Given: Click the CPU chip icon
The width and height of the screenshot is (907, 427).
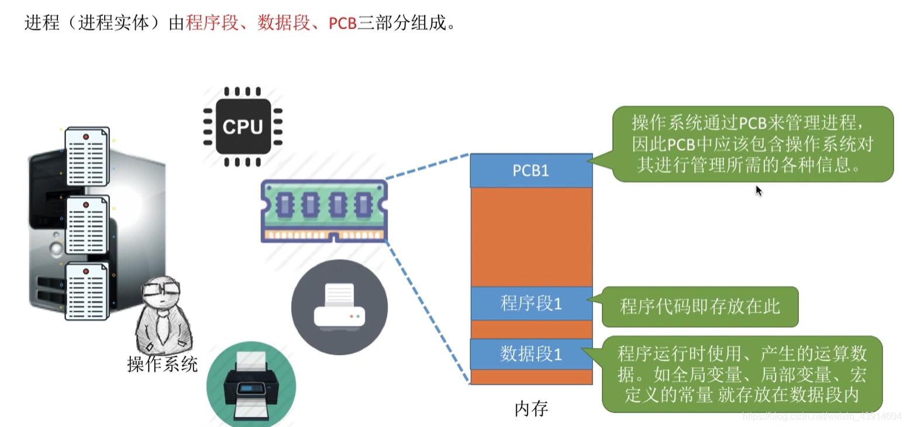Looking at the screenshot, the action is click(x=243, y=126).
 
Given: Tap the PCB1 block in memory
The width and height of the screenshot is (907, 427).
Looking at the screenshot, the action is click(x=531, y=171).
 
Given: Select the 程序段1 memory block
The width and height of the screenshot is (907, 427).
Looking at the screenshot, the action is click(x=531, y=304).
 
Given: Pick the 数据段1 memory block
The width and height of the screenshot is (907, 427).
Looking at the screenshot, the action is click(x=531, y=354).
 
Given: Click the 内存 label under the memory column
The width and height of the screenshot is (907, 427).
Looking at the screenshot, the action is click(x=531, y=409).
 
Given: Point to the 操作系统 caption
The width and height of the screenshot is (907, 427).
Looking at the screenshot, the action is click(x=163, y=364).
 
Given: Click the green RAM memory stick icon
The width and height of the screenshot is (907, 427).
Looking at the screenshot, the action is click(x=324, y=211).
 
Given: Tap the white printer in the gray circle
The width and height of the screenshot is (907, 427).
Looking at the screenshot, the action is click(x=339, y=307).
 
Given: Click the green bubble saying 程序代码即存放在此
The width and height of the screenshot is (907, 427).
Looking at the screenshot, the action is click(x=699, y=307).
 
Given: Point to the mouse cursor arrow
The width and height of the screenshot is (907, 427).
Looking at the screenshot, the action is click(x=758, y=191).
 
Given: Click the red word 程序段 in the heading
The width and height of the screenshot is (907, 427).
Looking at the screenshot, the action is click(x=212, y=23).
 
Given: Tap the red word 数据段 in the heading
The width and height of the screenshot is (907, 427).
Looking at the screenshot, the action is click(x=284, y=23).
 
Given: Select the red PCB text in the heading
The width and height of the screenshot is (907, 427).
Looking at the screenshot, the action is click(x=343, y=23).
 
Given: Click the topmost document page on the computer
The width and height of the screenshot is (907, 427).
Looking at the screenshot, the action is click(x=87, y=156).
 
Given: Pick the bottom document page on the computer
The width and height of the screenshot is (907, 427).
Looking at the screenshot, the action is click(x=87, y=291).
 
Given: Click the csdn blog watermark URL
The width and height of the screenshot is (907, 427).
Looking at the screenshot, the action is click(x=822, y=416).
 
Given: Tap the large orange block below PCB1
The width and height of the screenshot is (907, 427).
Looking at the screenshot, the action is click(x=531, y=237).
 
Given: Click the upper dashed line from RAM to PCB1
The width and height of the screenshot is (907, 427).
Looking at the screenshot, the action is click(x=427, y=166).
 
